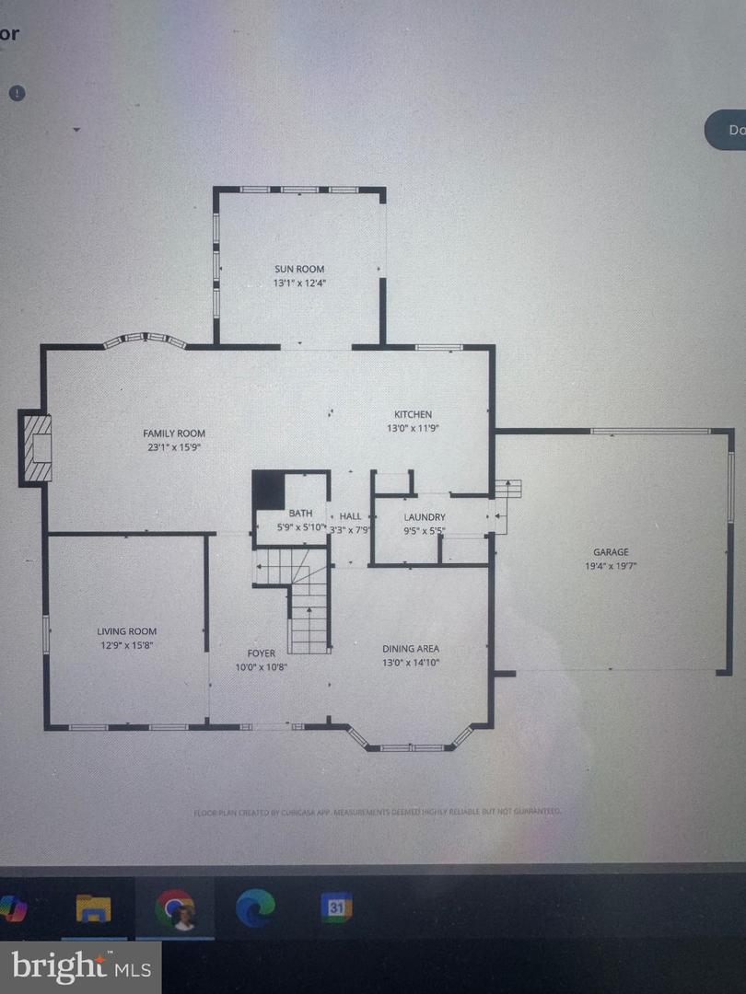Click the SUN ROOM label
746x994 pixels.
tap(299, 269)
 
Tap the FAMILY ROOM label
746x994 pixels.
tap(173, 433)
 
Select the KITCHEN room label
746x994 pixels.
tap(413, 414)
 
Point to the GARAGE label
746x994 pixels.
tap(611, 552)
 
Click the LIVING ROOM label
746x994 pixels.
tap(127, 631)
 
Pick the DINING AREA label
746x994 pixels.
tap(411, 648)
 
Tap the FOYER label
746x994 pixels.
tap(261, 653)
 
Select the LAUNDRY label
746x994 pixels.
tap(425, 517)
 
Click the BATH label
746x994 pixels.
tap(300, 514)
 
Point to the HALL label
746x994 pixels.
tap(350, 516)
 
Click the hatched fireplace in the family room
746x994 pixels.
tap(38, 447)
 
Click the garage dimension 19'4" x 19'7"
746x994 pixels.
tap(611, 566)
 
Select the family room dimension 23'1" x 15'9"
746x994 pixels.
tap(173, 447)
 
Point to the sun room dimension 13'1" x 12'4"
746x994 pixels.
tap(299, 283)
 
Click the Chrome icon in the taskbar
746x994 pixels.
tap(175, 908)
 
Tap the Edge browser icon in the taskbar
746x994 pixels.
tap(255, 908)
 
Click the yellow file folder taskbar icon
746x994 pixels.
tap(94, 908)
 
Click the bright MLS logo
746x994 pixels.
tap(80, 966)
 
